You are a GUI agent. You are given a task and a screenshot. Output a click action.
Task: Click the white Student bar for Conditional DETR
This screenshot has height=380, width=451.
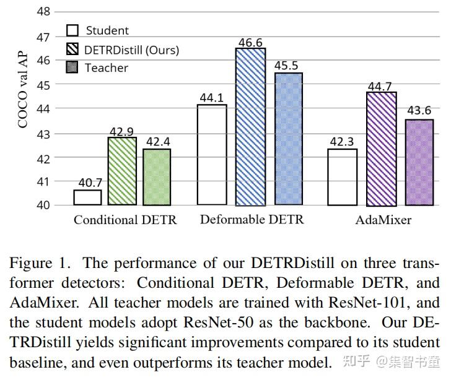[x=87, y=197]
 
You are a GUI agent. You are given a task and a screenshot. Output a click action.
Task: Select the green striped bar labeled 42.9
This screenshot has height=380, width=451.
[x=122, y=171]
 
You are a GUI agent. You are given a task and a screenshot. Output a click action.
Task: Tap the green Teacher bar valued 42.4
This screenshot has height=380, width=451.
[x=157, y=177]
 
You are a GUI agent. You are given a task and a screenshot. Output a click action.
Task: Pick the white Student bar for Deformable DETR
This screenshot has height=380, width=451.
[x=212, y=155]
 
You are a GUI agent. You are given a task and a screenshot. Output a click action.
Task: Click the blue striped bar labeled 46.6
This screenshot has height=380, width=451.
[x=250, y=127]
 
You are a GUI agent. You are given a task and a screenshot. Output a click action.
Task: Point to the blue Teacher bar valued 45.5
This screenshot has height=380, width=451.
[x=288, y=139]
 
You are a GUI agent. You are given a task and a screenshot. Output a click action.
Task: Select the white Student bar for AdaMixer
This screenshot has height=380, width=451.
[x=342, y=177]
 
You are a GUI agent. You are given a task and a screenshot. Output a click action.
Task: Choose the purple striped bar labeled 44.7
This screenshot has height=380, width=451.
[x=381, y=149]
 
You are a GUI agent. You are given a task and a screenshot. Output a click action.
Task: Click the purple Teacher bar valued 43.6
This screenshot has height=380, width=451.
[x=419, y=162]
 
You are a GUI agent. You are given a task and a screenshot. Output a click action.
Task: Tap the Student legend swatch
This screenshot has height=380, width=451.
[x=72, y=30]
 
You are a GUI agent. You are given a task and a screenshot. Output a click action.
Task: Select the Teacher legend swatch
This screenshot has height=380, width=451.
[x=72, y=67]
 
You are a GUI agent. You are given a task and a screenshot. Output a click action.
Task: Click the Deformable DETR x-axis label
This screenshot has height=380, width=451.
[x=252, y=220]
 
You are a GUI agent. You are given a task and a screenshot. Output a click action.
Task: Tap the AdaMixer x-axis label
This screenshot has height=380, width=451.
[x=383, y=220]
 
